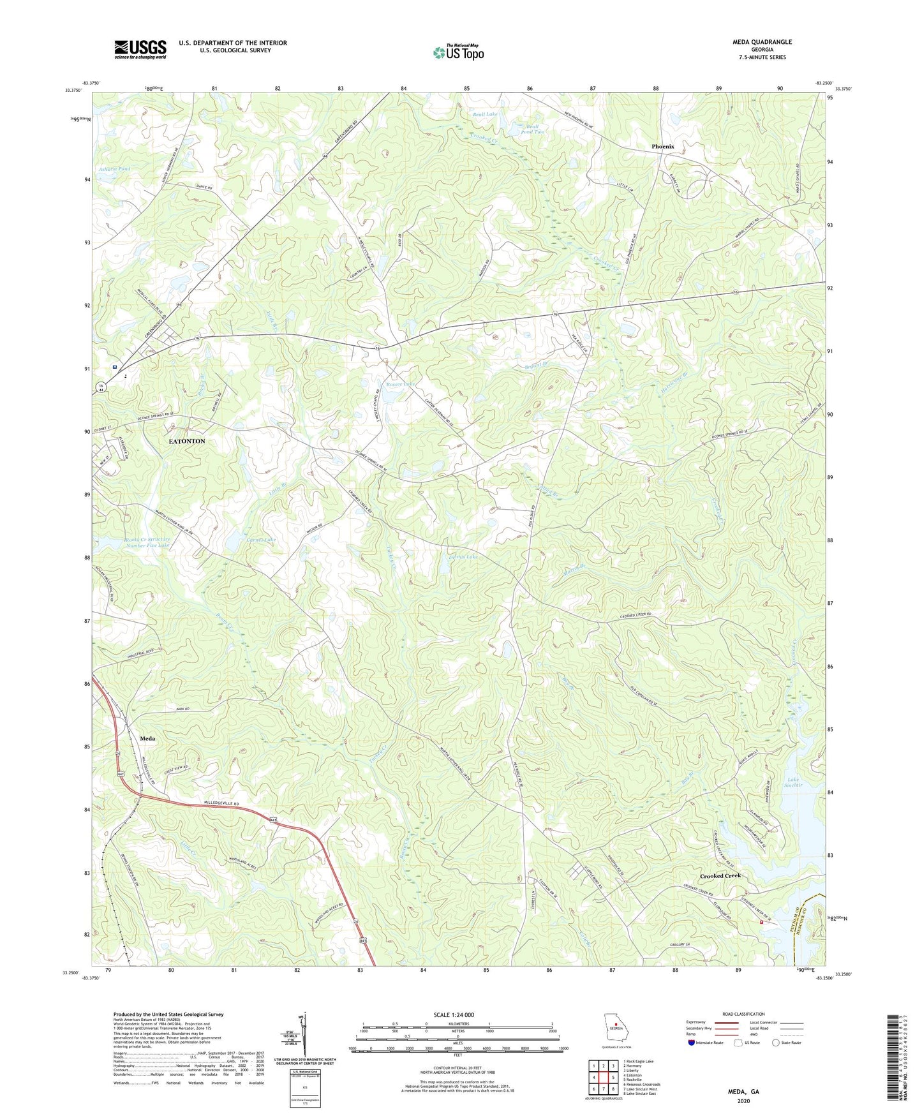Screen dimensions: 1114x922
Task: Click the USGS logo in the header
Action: pos(140,48)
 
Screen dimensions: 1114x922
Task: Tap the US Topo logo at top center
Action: pos(458,52)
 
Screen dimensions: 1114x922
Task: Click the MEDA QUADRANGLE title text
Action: pos(762,42)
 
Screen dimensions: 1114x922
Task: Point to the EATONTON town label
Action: pos(186,442)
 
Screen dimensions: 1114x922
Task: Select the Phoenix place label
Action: pos(662,147)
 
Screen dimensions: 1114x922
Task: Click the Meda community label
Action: pos(147,738)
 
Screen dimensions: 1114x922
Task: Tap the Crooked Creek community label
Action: pos(720,875)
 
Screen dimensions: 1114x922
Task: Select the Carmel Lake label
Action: pos(262,540)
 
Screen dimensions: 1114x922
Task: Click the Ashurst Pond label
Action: pos(115,169)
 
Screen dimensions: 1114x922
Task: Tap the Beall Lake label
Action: pos(484,114)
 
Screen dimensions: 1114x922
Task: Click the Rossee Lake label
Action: pos(399,384)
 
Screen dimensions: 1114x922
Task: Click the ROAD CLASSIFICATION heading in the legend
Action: pos(743,1014)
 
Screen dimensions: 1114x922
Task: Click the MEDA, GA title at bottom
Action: pos(743,1092)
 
